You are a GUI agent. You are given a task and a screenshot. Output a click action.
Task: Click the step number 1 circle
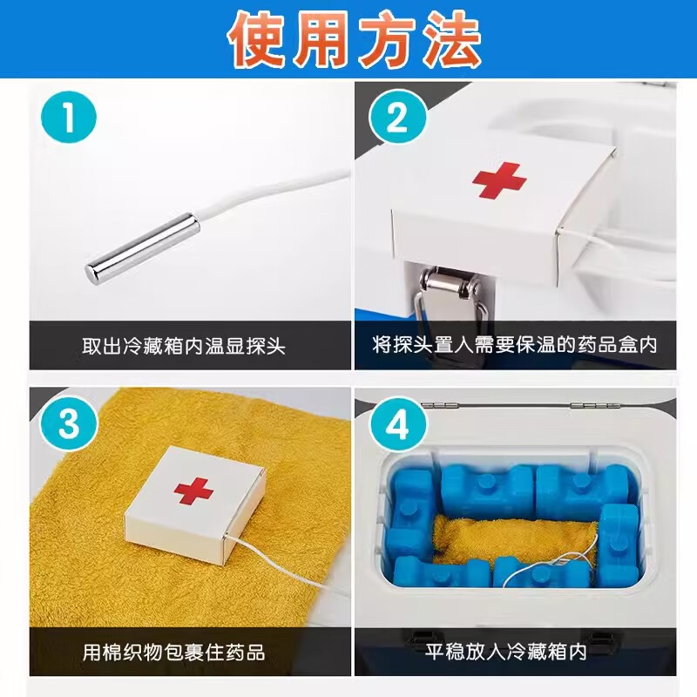69,119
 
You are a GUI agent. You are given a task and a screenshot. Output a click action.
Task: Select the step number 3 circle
69,425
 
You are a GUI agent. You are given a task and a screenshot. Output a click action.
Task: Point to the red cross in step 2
499,179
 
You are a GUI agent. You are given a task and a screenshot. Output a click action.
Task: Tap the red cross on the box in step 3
193,491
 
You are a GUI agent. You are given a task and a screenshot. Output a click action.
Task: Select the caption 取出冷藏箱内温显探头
184,346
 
